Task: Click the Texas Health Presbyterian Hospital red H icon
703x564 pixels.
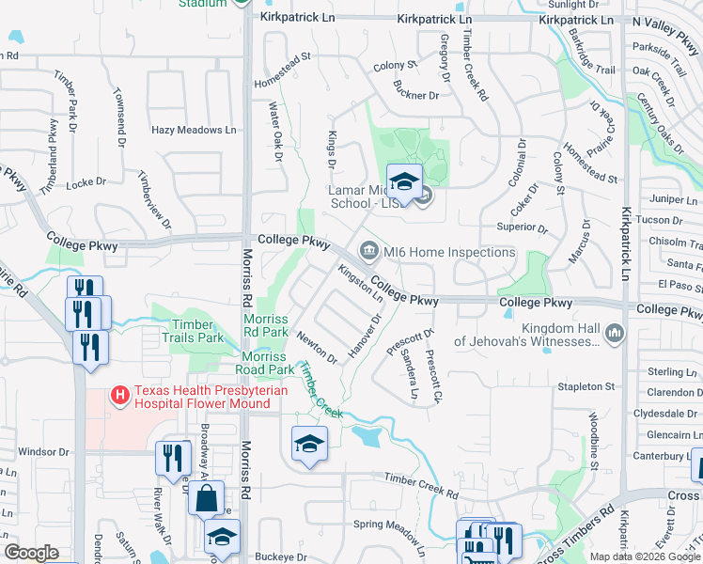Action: point(121,396)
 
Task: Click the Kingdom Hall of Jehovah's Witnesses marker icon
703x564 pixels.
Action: point(615,332)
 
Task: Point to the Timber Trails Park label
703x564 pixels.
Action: point(192,330)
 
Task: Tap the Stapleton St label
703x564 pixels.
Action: point(586,386)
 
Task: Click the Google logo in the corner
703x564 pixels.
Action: point(31,553)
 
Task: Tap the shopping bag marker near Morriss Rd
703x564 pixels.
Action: point(207,497)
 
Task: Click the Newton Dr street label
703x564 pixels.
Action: point(317,347)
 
